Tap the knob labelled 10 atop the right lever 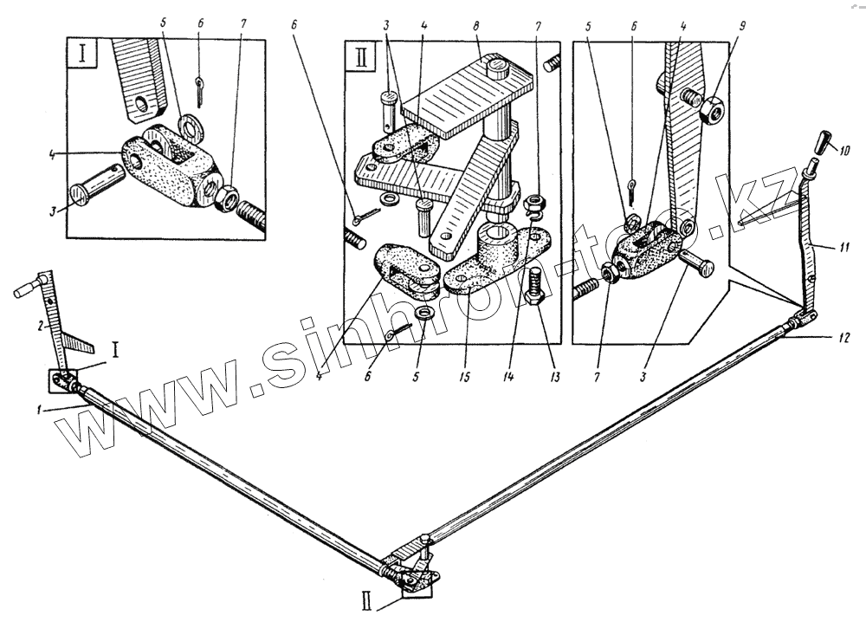[x=824, y=139]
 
